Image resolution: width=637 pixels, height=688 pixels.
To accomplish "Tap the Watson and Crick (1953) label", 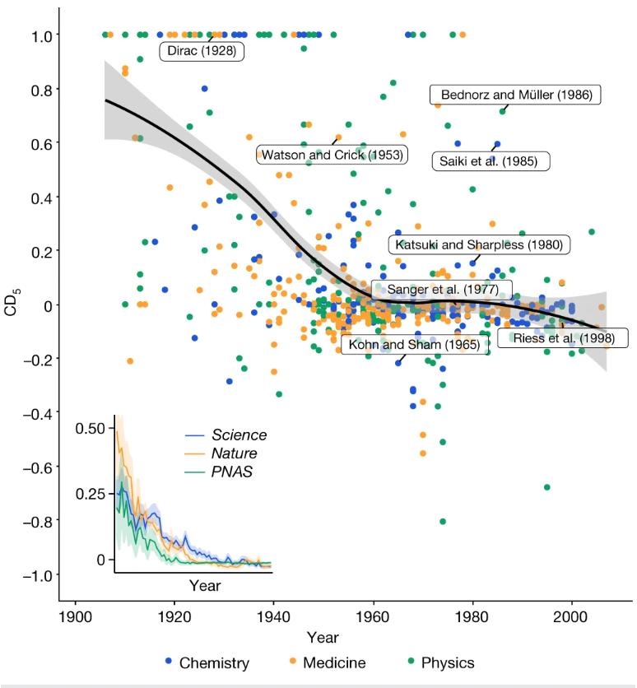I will click(x=332, y=155).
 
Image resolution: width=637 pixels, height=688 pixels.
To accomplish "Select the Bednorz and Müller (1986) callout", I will click(x=516, y=95).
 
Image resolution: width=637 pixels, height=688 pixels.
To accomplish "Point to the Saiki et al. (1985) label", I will click(x=491, y=160).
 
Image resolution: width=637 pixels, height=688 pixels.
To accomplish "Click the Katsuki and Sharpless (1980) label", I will click(x=480, y=244).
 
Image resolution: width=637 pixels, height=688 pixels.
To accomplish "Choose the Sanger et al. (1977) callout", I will click(x=441, y=290).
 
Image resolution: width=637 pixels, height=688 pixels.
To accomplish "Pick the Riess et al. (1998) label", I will click(x=561, y=338).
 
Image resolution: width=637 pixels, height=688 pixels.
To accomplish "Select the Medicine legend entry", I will click(x=328, y=662).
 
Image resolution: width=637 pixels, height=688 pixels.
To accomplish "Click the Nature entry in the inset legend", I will click(x=235, y=453).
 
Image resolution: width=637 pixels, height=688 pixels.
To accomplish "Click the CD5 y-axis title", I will click(x=11, y=305).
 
